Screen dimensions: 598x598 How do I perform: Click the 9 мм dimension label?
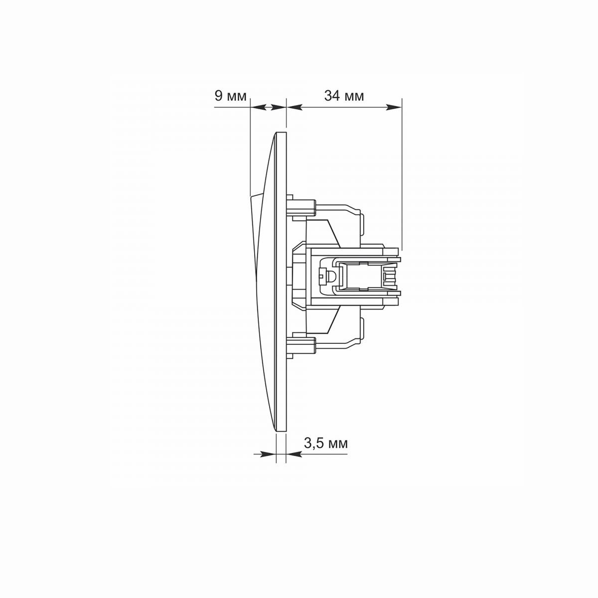(230, 96)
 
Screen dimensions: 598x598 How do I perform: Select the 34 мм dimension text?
(344, 96)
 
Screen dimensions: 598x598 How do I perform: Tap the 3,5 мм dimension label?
(326, 444)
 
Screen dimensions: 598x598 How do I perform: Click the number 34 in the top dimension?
(331, 96)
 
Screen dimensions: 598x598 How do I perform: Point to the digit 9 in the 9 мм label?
(218, 96)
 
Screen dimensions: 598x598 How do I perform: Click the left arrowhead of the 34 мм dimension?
(294, 107)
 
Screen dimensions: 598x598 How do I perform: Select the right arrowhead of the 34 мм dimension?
(394, 107)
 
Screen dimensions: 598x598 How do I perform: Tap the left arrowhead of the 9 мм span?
(258, 107)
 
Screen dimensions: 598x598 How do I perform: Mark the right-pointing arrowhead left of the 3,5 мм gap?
(268, 454)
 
